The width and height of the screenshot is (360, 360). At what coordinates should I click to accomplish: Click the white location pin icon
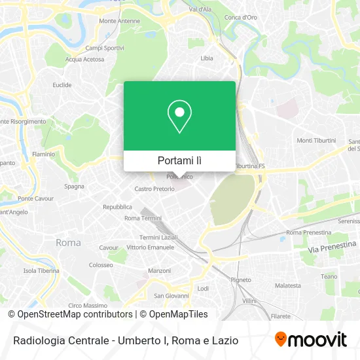(x=179, y=117)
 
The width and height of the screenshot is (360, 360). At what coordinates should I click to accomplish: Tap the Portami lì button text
(x=179, y=160)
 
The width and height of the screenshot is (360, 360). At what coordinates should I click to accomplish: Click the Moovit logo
(x=311, y=340)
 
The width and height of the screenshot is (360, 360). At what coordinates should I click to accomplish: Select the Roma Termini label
(x=142, y=218)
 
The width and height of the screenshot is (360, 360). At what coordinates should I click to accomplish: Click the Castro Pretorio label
(x=154, y=189)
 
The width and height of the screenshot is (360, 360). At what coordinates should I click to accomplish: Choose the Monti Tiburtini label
(x=316, y=141)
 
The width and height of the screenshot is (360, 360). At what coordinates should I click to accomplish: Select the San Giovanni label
(x=168, y=295)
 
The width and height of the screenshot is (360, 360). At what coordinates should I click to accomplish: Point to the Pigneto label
(x=241, y=279)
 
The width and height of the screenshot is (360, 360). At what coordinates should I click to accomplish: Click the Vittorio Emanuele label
(x=150, y=247)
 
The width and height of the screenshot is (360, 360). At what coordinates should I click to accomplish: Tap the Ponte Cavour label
(x=35, y=198)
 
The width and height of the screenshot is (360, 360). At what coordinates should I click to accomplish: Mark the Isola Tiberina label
(x=41, y=270)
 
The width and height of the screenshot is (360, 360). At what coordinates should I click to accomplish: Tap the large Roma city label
(x=68, y=243)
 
